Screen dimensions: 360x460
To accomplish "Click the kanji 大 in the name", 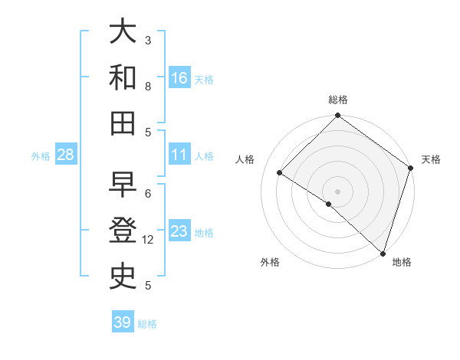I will pyautogui.click(x=123, y=31).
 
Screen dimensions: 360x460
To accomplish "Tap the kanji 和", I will pyautogui.click(x=123, y=77).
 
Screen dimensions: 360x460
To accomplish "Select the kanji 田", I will pyautogui.click(x=123, y=122).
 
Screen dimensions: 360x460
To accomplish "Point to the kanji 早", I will pyautogui.click(x=123, y=184).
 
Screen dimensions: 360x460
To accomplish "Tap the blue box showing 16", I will pyautogui.click(x=179, y=78).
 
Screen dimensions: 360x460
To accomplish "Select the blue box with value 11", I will pyautogui.click(x=179, y=155).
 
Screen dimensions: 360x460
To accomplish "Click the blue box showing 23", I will pyautogui.click(x=179, y=231).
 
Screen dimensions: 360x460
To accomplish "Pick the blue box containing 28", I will pyautogui.click(x=66, y=155).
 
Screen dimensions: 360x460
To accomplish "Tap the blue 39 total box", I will pyautogui.click(x=123, y=322).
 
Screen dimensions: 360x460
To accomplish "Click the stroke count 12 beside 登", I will pyautogui.click(x=148, y=240).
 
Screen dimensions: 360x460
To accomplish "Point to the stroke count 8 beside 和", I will pyautogui.click(x=148, y=86).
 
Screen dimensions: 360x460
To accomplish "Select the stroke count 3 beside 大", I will pyautogui.click(x=148, y=40).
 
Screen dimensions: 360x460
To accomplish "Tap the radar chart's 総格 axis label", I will pyautogui.click(x=337, y=100).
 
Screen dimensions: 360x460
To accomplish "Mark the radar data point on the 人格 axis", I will pyautogui.click(x=281, y=173).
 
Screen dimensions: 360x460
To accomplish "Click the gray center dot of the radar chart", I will pyautogui.click(x=337, y=191).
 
